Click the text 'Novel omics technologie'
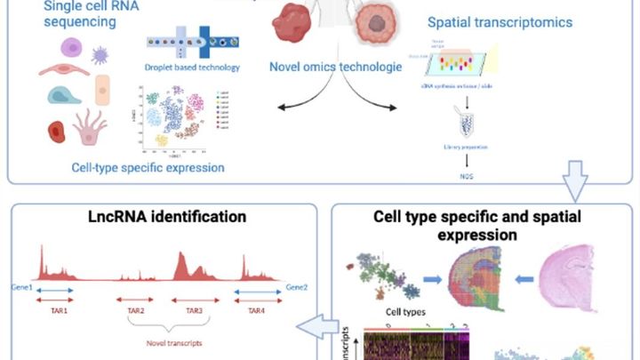point(330,65)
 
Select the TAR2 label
point(136,311)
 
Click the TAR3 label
point(194,311)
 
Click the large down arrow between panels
point(575,181)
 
